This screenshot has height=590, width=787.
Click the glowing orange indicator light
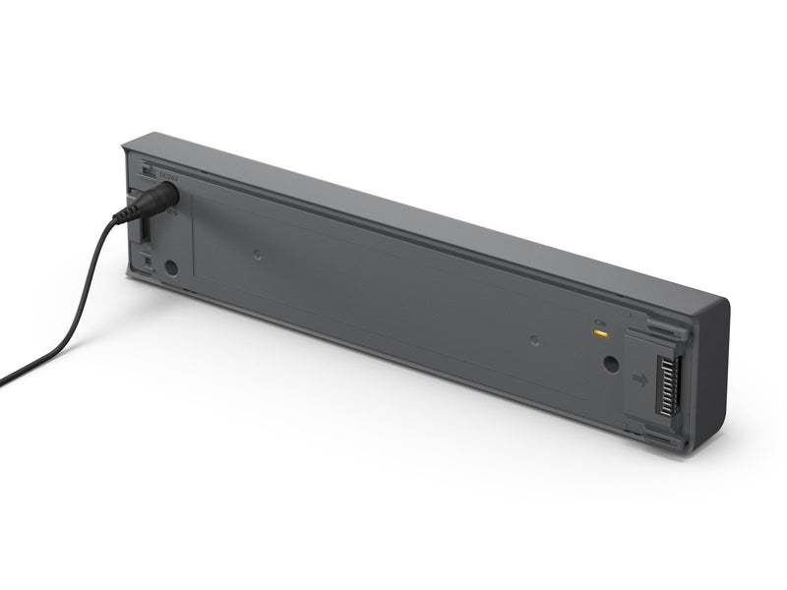pyautogui.click(x=597, y=331)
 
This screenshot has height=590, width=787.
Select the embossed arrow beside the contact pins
pyautogui.click(x=640, y=379)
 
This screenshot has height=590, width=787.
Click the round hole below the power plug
pyautogui.click(x=171, y=265)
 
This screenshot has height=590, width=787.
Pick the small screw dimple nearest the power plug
pyautogui.click(x=257, y=254)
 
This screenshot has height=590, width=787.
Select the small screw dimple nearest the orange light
pyautogui.click(x=534, y=341)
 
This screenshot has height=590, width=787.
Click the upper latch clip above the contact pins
pyautogui.click(x=657, y=324)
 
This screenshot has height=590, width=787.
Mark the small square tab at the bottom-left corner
pyautogui.click(x=145, y=263)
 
